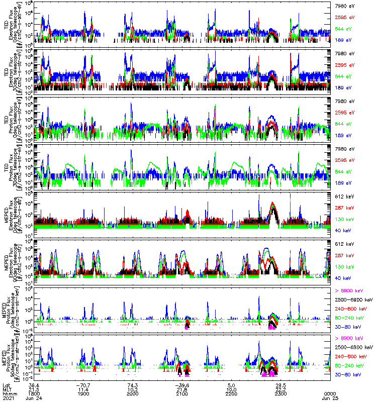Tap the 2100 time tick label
coord(182,393)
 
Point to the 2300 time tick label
coord(280,393)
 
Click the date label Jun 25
coord(329,398)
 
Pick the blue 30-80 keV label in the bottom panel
coord(346,374)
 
